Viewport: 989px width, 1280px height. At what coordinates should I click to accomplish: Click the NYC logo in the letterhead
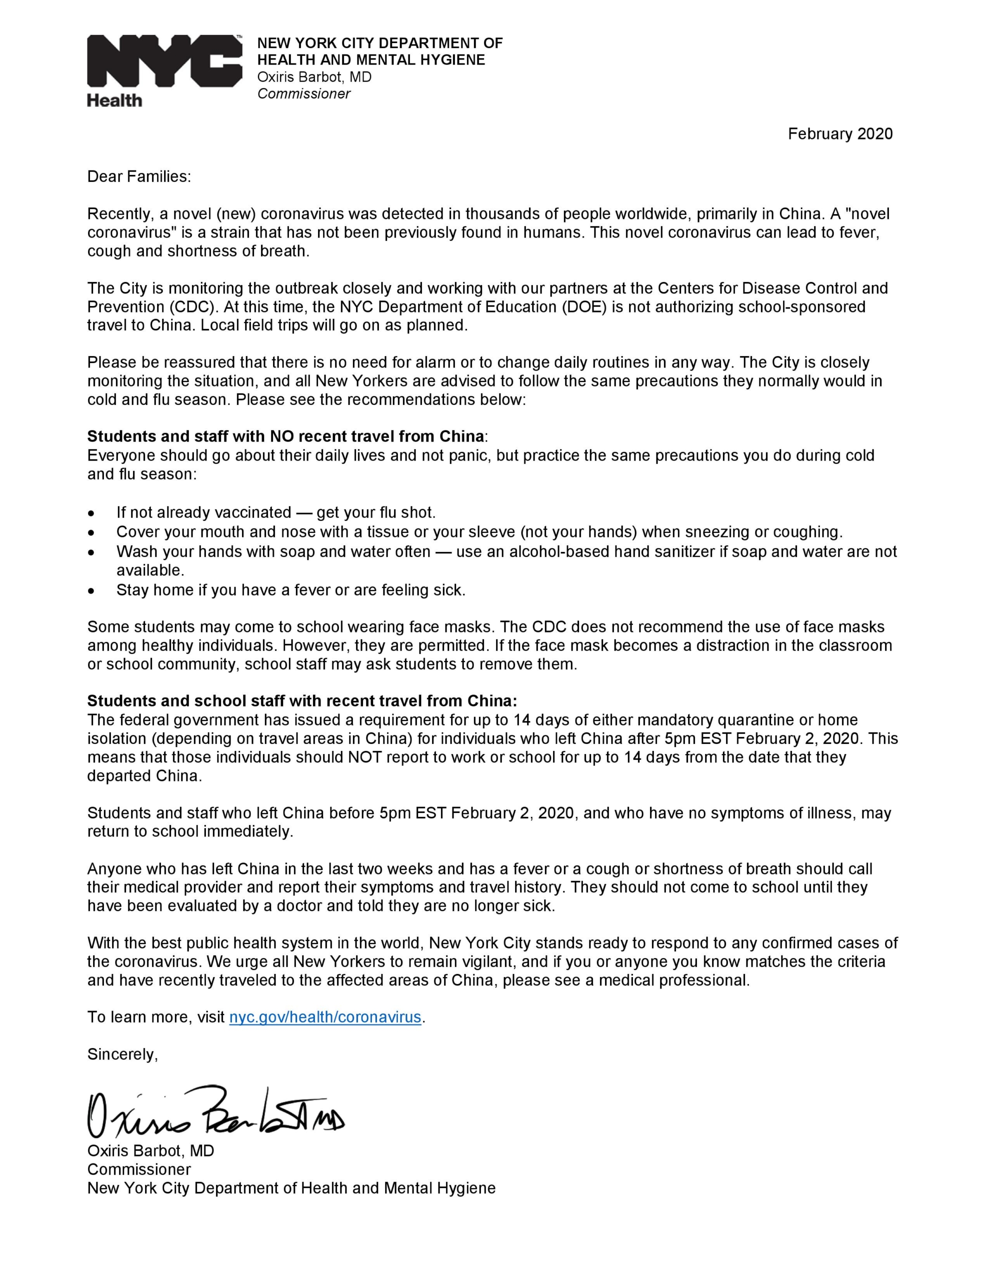pos(164,61)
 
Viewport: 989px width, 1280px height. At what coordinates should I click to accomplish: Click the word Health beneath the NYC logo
pos(114,101)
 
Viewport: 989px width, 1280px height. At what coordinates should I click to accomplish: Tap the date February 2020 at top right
pos(839,134)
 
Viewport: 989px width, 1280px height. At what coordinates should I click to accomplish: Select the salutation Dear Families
pos(139,177)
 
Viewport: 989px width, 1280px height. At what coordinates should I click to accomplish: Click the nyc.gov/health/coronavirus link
pos(325,1017)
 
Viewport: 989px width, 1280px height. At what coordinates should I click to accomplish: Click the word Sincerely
pos(122,1054)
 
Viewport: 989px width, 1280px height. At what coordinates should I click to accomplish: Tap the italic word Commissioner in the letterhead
pos(303,94)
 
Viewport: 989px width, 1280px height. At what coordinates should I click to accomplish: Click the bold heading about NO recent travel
pos(286,436)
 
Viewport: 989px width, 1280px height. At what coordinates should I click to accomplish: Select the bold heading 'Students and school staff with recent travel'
pos(302,701)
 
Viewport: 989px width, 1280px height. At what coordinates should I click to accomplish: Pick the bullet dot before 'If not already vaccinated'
pos(91,513)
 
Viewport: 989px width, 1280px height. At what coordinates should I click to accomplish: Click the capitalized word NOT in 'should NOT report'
pos(365,757)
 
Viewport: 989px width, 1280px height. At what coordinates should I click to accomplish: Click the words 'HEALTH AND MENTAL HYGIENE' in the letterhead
pos(371,60)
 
